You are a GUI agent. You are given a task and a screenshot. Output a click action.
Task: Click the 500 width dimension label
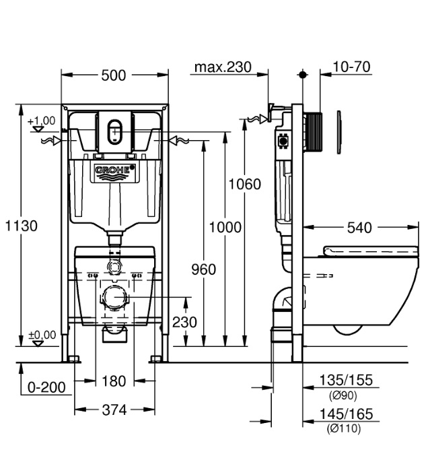(114, 75)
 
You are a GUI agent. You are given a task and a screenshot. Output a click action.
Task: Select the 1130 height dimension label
(22, 226)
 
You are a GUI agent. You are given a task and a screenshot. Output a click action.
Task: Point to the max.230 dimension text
(223, 67)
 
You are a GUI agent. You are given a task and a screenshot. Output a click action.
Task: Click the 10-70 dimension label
(351, 67)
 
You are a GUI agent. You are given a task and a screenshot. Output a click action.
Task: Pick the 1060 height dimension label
(244, 185)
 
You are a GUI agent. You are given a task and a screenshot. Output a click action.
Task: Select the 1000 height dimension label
(225, 227)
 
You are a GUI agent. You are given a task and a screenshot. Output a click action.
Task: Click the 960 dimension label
(204, 269)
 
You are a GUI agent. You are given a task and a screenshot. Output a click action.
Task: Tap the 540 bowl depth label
(359, 228)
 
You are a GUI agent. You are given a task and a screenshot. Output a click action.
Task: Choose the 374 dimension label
(114, 410)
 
